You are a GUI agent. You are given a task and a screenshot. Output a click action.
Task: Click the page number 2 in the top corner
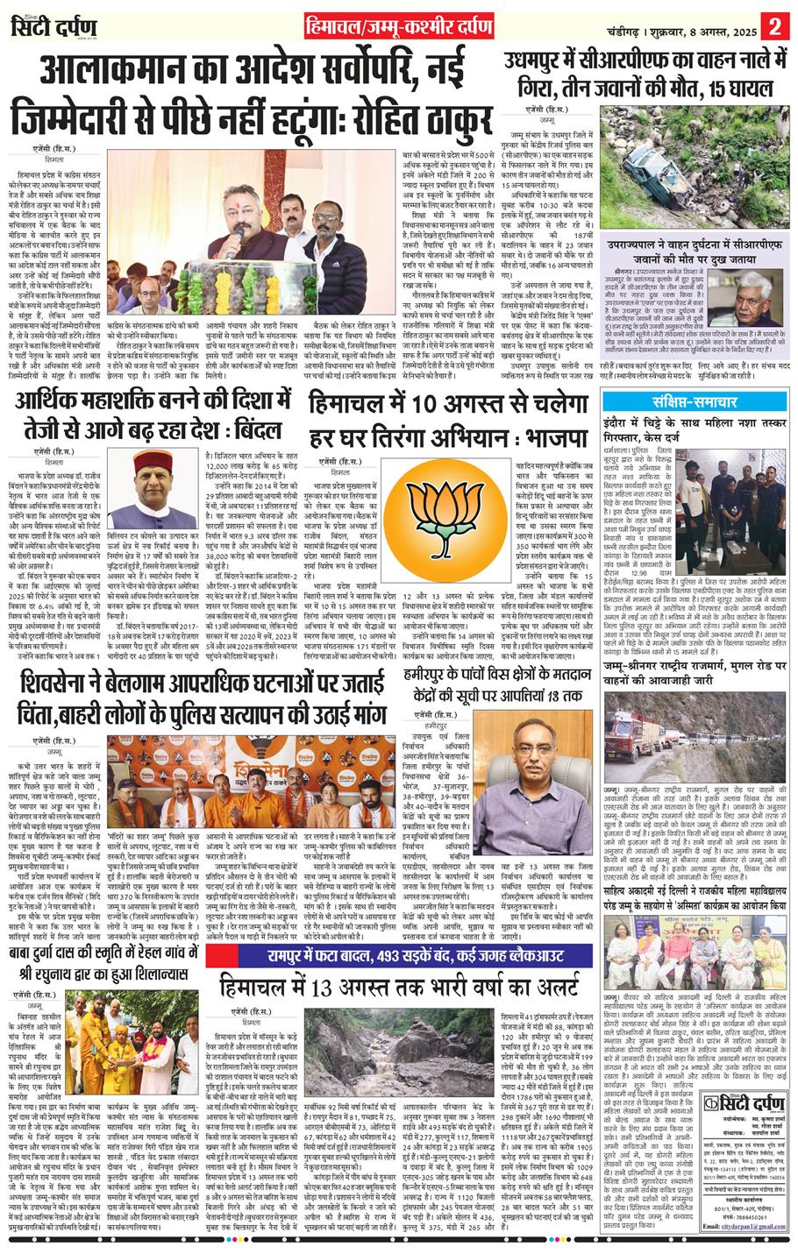point(774,25)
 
